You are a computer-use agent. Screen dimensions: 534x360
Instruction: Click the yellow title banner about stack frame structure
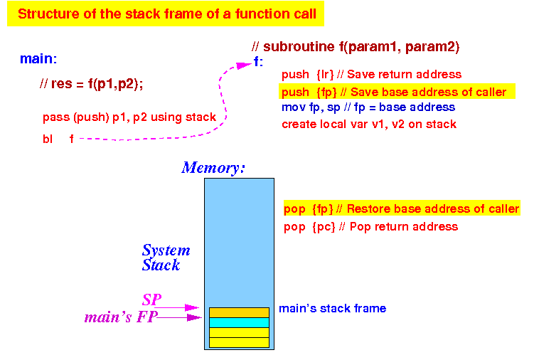pos(166,14)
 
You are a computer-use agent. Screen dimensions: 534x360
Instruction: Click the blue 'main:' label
pos(38,58)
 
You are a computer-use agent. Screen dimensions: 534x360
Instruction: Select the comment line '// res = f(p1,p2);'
pos(91,83)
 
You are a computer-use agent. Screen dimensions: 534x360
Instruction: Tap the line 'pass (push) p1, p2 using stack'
pos(129,117)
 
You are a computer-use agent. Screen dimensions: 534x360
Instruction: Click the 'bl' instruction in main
pos(48,139)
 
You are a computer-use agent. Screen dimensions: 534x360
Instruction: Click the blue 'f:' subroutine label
pos(259,62)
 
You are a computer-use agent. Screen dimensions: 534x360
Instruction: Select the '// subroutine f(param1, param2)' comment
pos(356,47)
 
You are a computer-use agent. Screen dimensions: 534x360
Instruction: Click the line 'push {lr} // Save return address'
pos(372,74)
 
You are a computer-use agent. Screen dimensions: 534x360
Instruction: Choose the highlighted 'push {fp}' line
pos(397,92)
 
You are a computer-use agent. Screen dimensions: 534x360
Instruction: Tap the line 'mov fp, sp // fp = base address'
pos(368,107)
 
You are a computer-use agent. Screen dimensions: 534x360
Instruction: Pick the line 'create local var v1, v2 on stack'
pos(369,124)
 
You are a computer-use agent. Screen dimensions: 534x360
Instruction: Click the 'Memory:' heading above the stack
pos(213,168)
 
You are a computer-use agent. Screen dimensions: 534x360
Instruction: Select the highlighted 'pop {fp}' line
pos(402,208)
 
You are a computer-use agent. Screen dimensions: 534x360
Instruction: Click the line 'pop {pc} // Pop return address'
pos(371,227)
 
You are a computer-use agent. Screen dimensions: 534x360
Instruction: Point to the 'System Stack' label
pos(166,258)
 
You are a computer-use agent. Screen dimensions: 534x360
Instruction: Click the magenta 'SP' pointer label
pos(152,300)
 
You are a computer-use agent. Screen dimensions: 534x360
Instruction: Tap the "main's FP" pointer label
pos(121,317)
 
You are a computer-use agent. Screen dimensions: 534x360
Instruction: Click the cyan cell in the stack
pos(239,322)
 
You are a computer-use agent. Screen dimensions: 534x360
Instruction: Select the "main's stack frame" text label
pos(332,309)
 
